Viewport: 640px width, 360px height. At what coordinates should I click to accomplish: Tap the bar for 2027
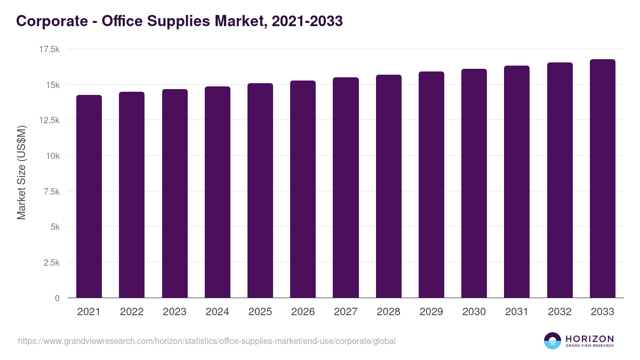[x=346, y=188]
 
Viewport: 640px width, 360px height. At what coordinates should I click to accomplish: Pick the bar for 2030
[x=474, y=183]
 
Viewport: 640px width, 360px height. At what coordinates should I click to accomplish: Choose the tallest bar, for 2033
[x=602, y=179]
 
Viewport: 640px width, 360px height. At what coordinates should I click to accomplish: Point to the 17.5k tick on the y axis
[x=49, y=49]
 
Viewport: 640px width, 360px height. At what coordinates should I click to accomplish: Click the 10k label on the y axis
[x=52, y=156]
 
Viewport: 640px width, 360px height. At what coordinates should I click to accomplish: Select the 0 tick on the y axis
[x=57, y=298]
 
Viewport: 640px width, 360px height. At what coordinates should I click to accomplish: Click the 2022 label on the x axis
[x=132, y=312]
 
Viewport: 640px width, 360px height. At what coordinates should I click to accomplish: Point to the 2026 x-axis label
[x=303, y=312]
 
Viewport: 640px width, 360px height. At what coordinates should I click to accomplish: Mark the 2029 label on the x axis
[x=431, y=312]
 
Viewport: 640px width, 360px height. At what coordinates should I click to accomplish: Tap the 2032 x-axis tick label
[x=559, y=312]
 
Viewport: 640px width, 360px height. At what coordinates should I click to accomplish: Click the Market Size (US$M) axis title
[x=21, y=173]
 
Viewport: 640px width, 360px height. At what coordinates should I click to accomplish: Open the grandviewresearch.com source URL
[x=207, y=341]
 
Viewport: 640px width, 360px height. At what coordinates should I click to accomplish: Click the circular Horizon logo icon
[x=553, y=341]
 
